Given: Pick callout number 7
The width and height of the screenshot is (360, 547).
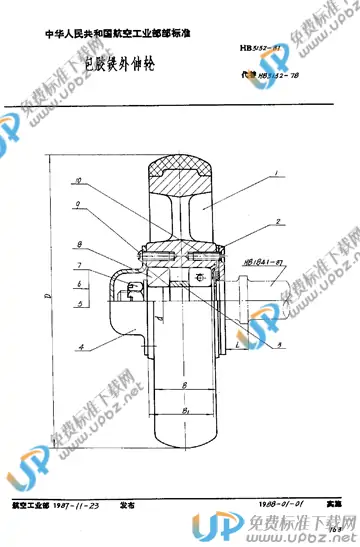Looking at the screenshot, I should [76, 264].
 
